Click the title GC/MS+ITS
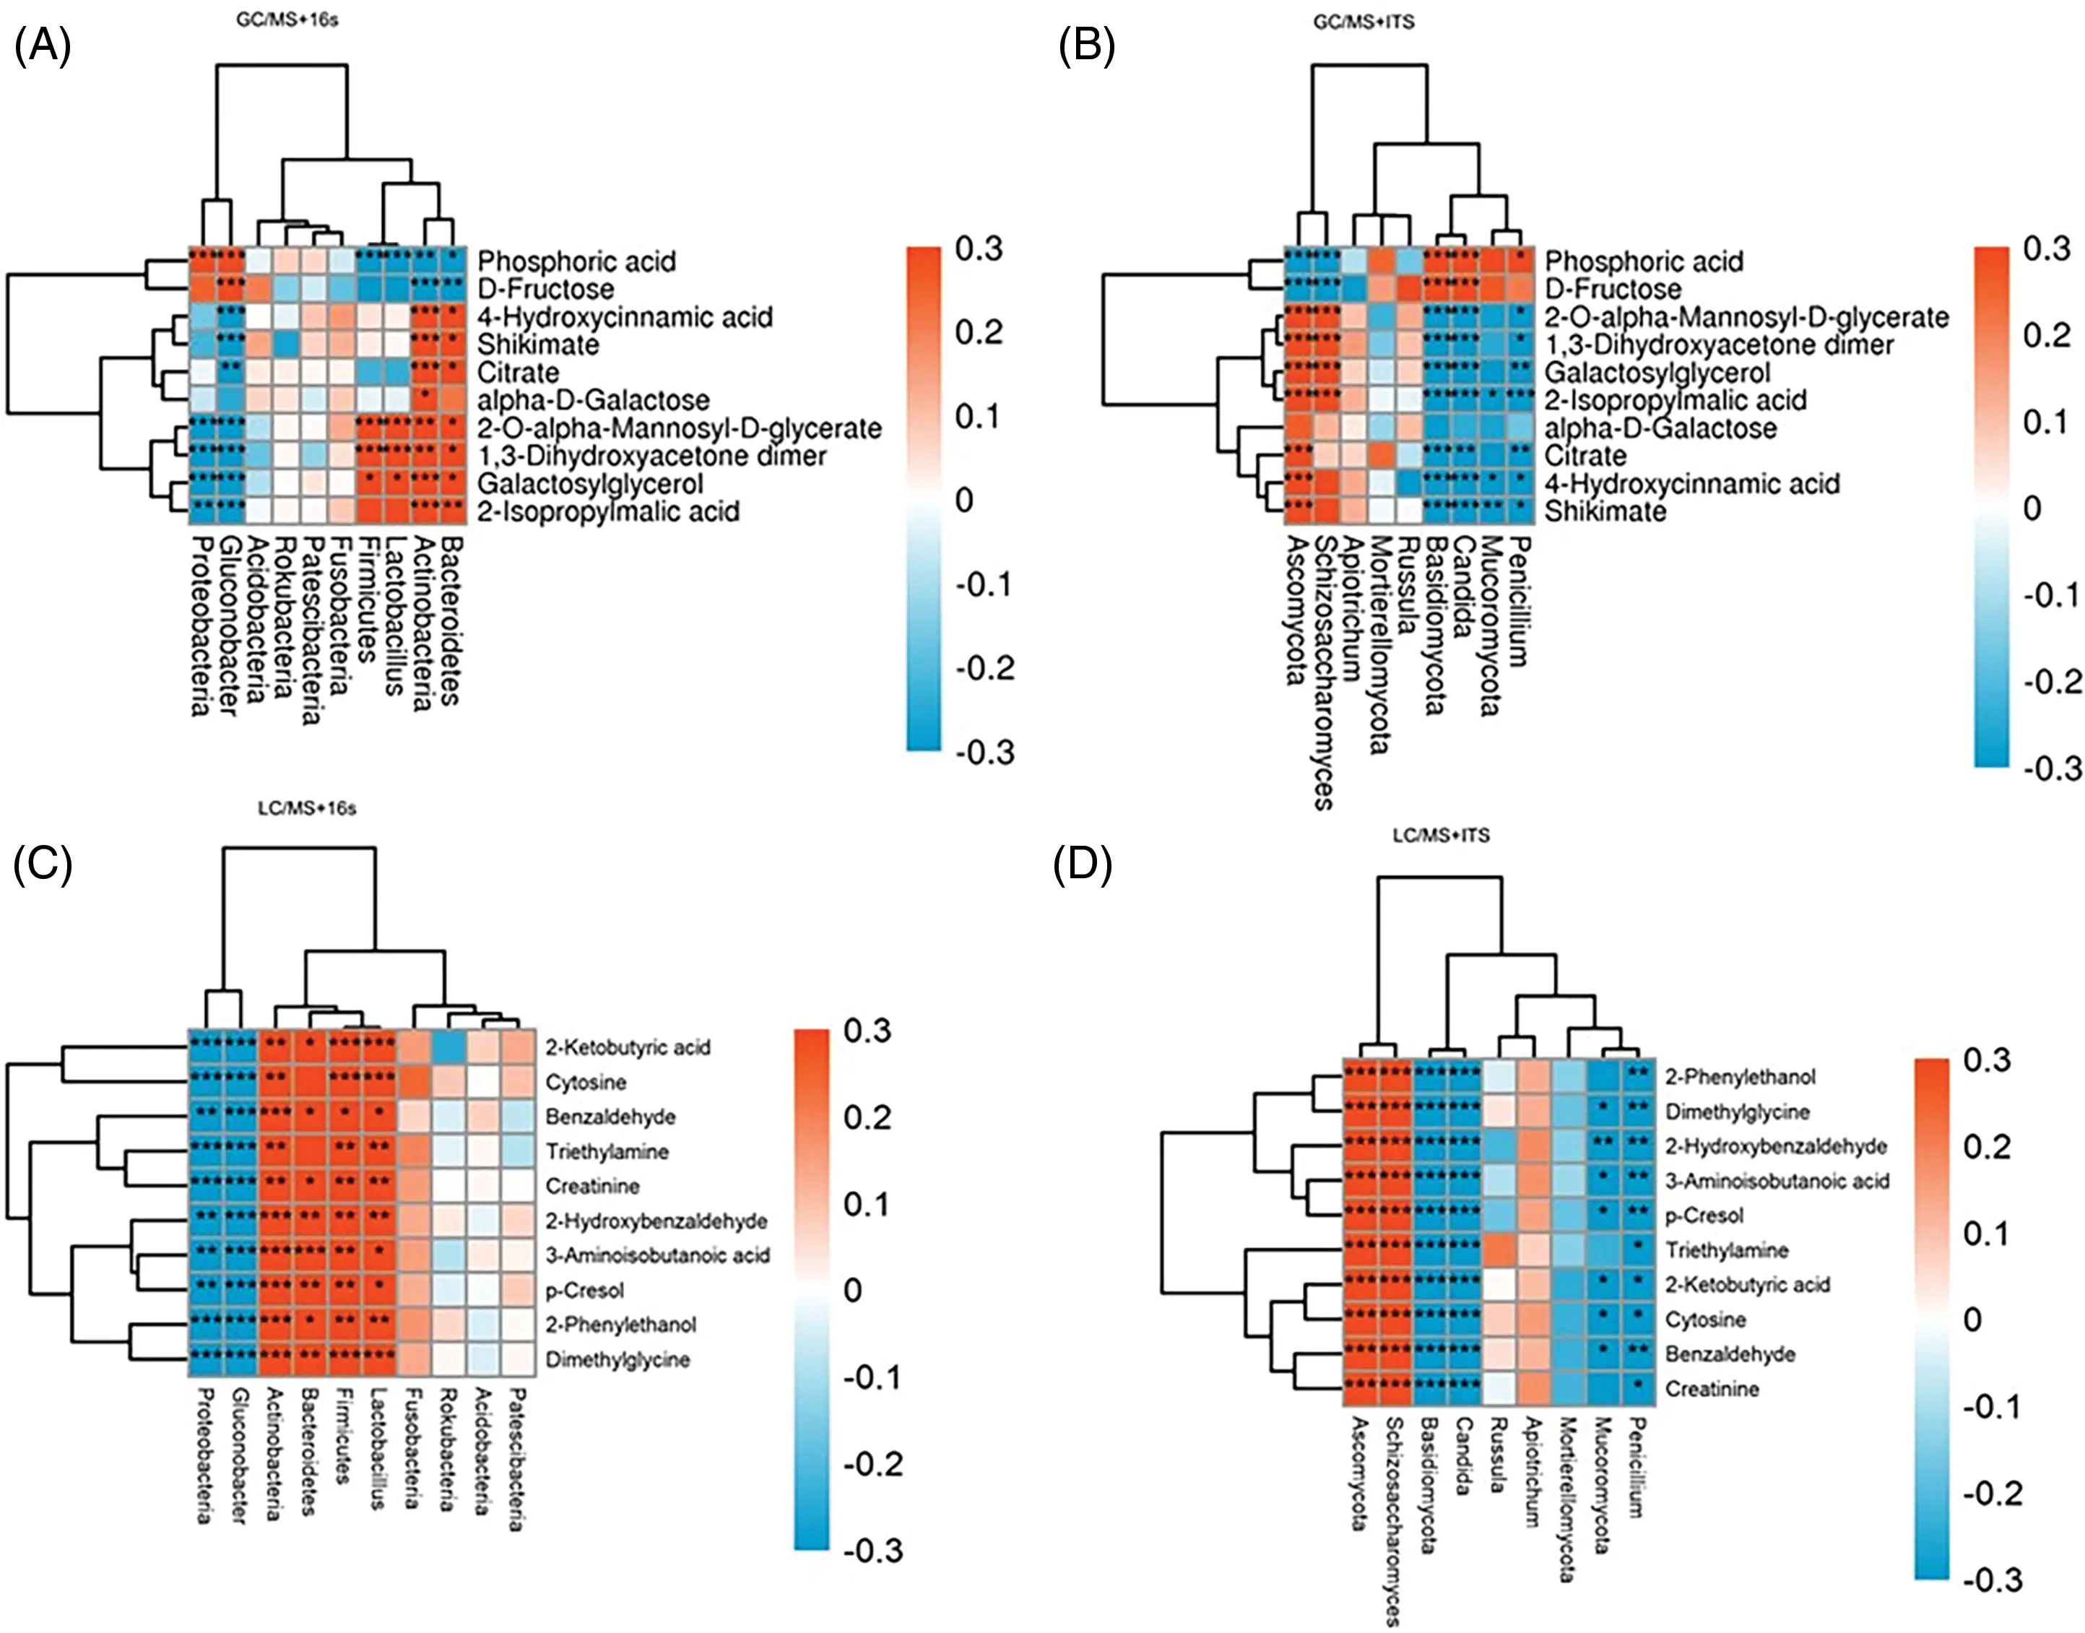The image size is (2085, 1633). coord(1364,22)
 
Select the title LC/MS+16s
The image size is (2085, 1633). coord(307,809)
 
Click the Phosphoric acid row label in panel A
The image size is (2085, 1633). coord(576,261)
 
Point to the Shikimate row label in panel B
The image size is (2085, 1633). coord(1605,511)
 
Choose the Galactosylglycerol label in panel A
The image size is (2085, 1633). coord(590,484)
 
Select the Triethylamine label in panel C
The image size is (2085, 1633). coord(606,1151)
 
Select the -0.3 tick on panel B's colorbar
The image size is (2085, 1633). coord(2050,768)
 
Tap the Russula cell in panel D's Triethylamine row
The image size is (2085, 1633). coord(1500,1249)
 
